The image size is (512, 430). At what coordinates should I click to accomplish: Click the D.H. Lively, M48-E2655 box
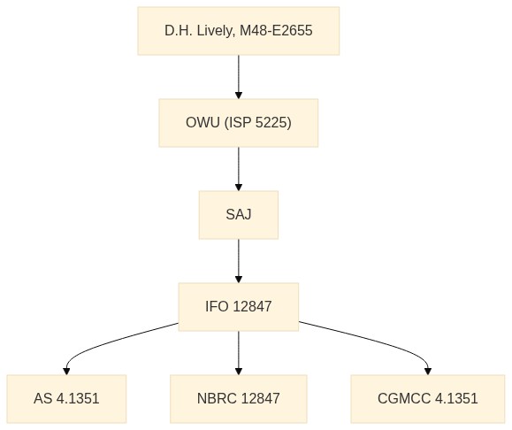pyautogui.click(x=239, y=31)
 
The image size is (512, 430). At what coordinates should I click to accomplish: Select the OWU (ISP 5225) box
pyautogui.click(x=239, y=123)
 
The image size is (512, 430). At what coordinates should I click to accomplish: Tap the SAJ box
pyautogui.click(x=239, y=215)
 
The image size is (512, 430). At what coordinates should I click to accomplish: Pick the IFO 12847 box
pyautogui.click(x=239, y=307)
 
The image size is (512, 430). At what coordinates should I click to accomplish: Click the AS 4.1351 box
pyautogui.click(x=66, y=399)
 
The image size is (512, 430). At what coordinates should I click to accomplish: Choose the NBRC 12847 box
pyautogui.click(x=239, y=399)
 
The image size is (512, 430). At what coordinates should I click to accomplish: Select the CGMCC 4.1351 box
pyautogui.click(x=428, y=399)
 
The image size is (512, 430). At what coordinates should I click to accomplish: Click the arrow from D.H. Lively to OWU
pyautogui.click(x=239, y=77)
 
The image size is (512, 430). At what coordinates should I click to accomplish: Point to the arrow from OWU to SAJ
pyautogui.click(x=239, y=169)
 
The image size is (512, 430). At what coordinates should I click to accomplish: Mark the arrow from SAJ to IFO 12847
pyautogui.click(x=239, y=261)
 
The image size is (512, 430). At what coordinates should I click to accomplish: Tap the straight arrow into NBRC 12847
pyautogui.click(x=239, y=353)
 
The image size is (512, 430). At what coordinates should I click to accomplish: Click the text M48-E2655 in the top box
pyautogui.click(x=276, y=31)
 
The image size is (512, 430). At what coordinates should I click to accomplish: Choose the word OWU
pyautogui.click(x=203, y=123)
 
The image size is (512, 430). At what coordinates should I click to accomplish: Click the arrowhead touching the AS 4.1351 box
pyautogui.click(x=66, y=372)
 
